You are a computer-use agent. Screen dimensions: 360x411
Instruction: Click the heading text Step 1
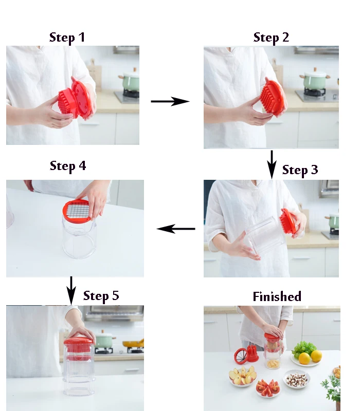click(67, 38)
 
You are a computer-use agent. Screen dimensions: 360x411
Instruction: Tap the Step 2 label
click(271, 38)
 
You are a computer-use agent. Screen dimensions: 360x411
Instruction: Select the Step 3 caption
click(300, 170)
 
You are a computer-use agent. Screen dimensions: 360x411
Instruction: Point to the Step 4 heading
click(68, 165)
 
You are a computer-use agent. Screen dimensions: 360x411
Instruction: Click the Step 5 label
click(101, 296)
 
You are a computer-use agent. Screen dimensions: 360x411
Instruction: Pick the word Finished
click(277, 296)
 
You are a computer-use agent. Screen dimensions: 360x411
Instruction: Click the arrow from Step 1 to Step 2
click(170, 101)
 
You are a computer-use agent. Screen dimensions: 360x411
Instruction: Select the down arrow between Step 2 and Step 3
click(272, 164)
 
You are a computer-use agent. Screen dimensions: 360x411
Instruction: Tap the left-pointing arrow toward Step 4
click(176, 229)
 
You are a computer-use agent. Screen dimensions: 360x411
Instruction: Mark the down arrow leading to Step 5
click(71, 290)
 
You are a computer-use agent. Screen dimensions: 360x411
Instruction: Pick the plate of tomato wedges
click(268, 388)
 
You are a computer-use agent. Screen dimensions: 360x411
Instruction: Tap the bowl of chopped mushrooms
click(297, 379)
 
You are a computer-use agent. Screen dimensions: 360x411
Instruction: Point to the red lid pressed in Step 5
click(79, 343)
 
